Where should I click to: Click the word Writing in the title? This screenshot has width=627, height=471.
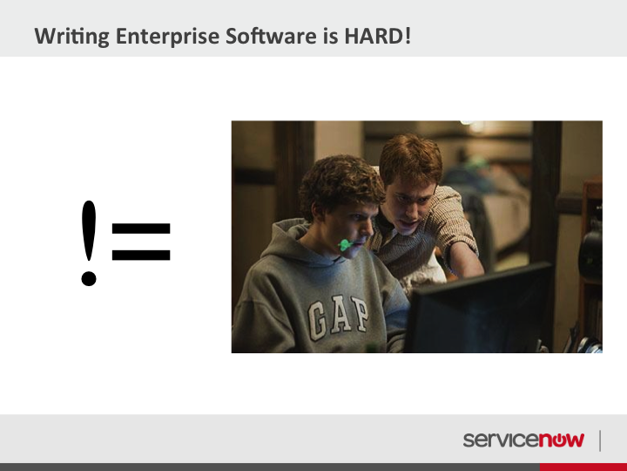(x=72, y=37)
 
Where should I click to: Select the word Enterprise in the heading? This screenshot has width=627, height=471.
(x=167, y=37)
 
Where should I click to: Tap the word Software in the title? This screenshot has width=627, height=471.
(x=271, y=36)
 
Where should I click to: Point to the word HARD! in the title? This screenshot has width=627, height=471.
(x=377, y=36)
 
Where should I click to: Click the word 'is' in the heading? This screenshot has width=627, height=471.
(x=331, y=36)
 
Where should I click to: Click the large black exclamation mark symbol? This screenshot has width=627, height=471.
(x=89, y=243)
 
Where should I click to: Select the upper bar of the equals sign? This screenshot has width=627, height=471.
(x=141, y=229)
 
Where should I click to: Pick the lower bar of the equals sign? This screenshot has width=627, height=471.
(x=141, y=255)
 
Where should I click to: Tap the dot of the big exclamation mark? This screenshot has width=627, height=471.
(x=89, y=278)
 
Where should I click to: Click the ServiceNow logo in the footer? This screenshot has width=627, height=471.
(x=523, y=440)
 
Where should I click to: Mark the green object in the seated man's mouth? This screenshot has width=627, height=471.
(x=345, y=245)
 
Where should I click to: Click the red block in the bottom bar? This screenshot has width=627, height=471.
(x=583, y=467)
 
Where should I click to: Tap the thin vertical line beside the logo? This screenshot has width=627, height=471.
(x=600, y=440)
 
